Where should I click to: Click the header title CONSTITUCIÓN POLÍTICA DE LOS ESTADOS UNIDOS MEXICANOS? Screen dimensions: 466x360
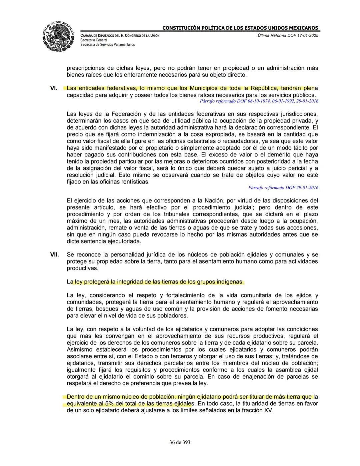click(x=240, y=28)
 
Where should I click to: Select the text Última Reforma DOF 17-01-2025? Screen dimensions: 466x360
click(x=288, y=36)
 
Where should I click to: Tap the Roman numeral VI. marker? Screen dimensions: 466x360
click(x=54, y=88)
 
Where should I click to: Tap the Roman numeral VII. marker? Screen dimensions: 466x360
click(x=54, y=255)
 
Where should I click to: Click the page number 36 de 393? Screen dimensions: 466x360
click(x=180, y=442)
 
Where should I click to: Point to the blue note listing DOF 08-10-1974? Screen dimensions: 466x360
click(x=259, y=101)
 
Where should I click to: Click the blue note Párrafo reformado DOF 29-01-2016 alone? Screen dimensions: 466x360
click(x=283, y=188)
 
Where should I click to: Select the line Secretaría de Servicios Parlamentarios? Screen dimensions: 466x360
click(x=107, y=44)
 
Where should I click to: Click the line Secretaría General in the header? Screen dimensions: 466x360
click(x=94, y=40)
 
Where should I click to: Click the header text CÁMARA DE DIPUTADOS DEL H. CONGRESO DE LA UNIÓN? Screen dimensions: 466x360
click(x=120, y=36)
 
